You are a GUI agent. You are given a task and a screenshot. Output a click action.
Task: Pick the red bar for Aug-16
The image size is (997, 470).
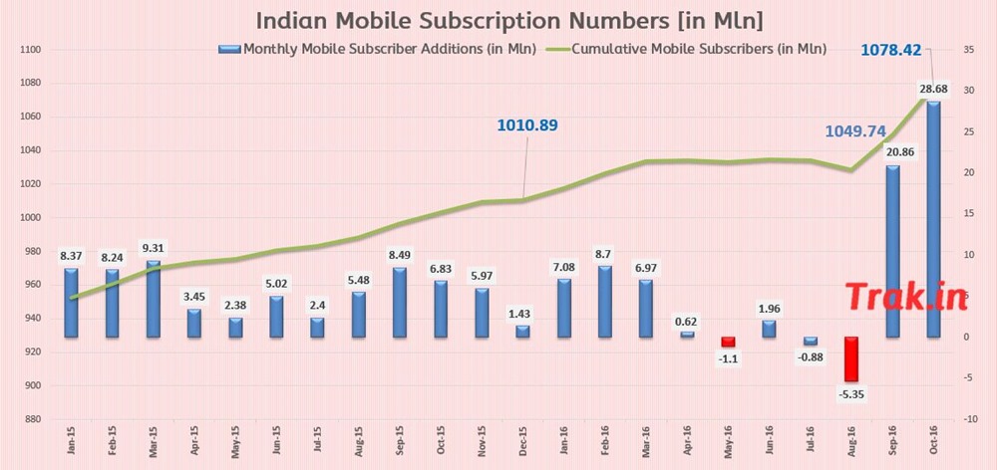pyautogui.click(x=850, y=358)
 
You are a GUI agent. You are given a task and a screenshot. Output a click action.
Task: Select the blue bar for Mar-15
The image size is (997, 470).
pyautogui.click(x=154, y=299)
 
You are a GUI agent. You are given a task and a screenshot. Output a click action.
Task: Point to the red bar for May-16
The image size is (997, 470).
pyautogui.click(x=728, y=342)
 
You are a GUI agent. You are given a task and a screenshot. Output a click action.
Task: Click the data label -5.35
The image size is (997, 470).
pyautogui.click(x=850, y=394)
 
